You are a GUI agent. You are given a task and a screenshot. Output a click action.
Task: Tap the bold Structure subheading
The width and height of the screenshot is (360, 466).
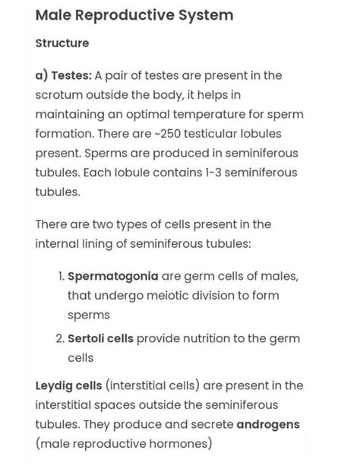(x=62, y=43)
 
